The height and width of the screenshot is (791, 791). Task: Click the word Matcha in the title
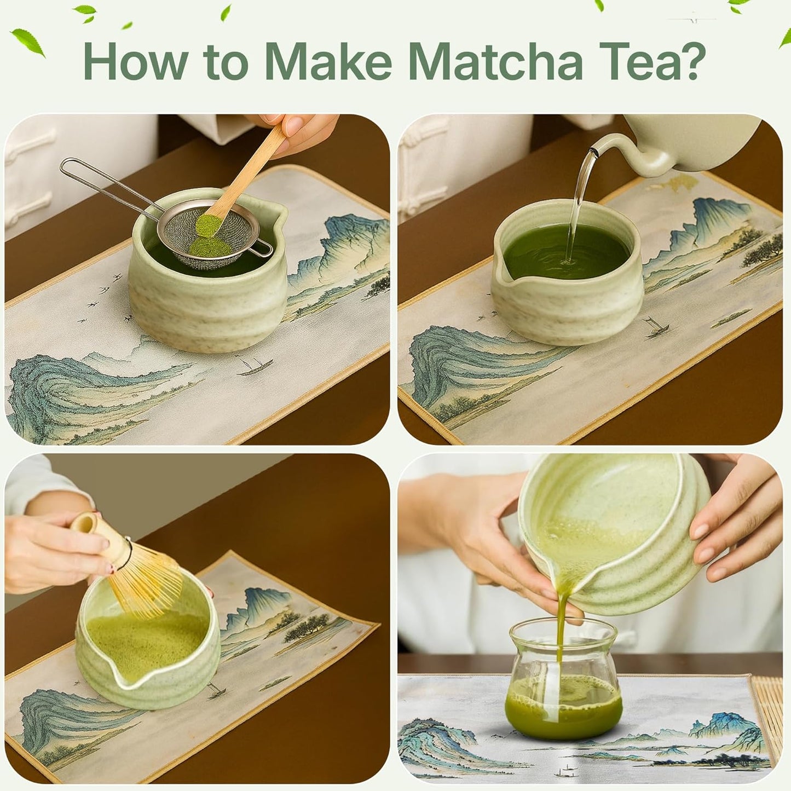coord(495,61)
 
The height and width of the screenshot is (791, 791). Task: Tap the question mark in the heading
coord(686,61)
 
